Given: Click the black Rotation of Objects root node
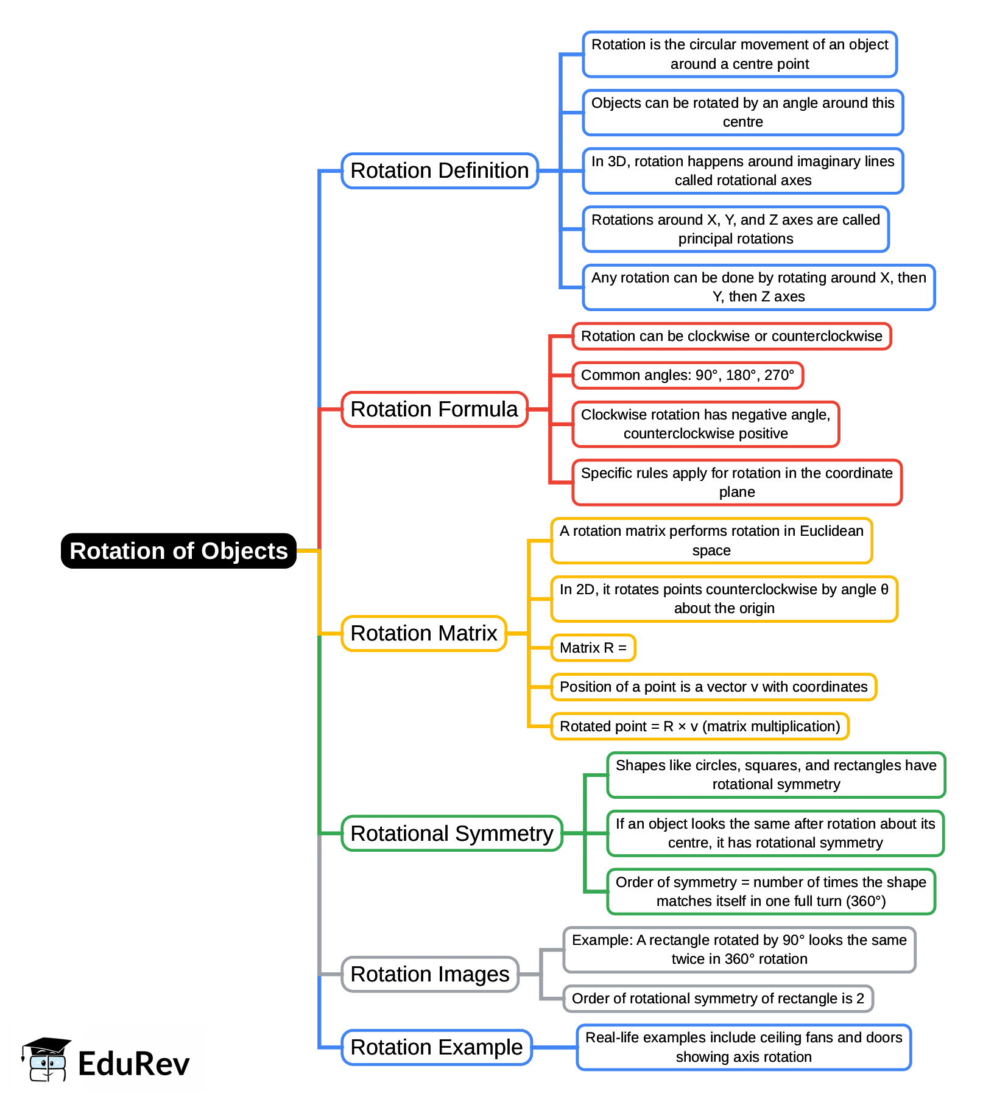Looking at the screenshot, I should [178, 551].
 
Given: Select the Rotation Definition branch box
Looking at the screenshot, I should [440, 170].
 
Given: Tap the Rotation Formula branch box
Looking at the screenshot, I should [434, 409].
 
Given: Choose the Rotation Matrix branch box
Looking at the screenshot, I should [424, 633].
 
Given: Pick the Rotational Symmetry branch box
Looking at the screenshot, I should [452, 834].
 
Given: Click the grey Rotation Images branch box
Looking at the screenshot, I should [430, 974].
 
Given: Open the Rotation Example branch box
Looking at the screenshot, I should [437, 1047].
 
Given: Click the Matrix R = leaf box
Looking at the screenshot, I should [593, 648].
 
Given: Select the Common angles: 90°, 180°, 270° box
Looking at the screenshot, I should [688, 375].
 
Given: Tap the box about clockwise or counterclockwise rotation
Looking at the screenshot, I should [731, 336].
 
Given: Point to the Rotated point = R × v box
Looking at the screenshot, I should [700, 726].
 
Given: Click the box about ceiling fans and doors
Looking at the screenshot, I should [744, 1047].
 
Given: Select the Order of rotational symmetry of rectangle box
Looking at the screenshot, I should [718, 998].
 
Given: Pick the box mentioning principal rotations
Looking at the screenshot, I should [736, 229].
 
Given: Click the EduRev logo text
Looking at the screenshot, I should [134, 1064].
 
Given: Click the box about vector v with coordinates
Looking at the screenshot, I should [713, 687].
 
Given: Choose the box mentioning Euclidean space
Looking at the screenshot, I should [711, 541].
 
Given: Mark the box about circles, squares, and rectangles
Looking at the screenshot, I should [776, 774].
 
